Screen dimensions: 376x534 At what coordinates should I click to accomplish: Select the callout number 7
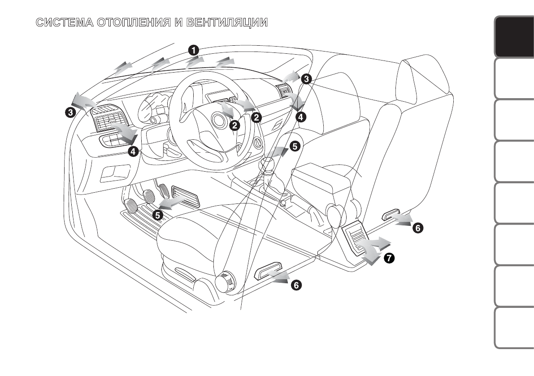pyautogui.click(x=388, y=258)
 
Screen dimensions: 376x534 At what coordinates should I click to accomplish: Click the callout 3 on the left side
pyautogui.click(x=70, y=113)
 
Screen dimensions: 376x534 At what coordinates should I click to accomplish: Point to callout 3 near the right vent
pyautogui.click(x=306, y=79)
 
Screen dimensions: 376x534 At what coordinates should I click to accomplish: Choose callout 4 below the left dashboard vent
pyautogui.click(x=133, y=151)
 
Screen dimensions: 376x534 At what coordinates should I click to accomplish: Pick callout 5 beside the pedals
pyautogui.click(x=157, y=215)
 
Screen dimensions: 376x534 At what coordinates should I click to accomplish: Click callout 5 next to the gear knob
pyautogui.click(x=294, y=146)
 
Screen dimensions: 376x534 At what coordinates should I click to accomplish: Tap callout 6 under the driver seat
pyautogui.click(x=296, y=285)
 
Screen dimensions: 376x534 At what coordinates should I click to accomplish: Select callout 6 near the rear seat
pyautogui.click(x=417, y=228)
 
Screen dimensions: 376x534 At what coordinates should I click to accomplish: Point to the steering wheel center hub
pyautogui.click(x=219, y=120)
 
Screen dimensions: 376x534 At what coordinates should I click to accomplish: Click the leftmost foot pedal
pyautogui.click(x=130, y=206)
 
